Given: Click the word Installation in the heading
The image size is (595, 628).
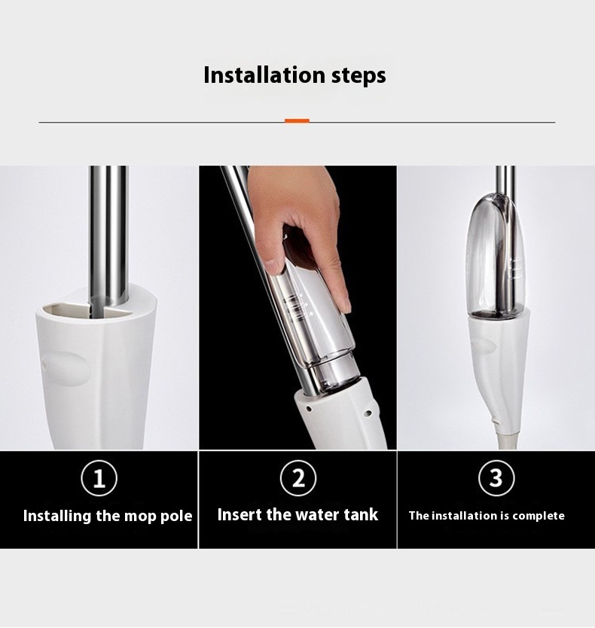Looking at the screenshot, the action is [x=264, y=75].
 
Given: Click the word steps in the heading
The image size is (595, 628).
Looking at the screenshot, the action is [x=359, y=76].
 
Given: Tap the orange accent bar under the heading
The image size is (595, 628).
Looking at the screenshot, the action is [x=297, y=120].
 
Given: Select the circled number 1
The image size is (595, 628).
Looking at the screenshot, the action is [x=99, y=478].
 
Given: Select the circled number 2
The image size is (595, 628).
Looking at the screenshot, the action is [x=298, y=478].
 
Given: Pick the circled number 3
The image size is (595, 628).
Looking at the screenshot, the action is [x=496, y=478].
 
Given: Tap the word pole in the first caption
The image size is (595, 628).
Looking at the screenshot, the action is [x=176, y=517].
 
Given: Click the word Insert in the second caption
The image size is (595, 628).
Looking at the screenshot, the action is [x=240, y=514].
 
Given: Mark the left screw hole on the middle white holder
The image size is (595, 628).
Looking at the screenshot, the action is [x=309, y=409].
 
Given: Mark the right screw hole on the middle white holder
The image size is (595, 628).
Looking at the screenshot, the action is [x=368, y=413].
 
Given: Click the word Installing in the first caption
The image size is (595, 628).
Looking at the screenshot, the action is [x=57, y=516].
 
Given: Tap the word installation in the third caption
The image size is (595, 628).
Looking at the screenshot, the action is [x=462, y=516].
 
